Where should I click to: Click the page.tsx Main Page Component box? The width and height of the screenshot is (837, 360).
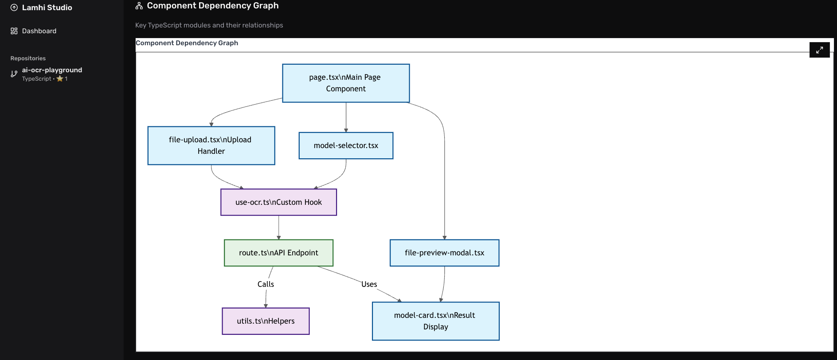[x=346, y=83]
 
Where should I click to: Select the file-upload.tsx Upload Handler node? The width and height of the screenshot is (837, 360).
[x=211, y=145]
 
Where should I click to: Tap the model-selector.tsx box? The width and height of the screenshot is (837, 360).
[x=346, y=145]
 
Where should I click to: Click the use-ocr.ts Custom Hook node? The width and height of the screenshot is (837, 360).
[x=278, y=202]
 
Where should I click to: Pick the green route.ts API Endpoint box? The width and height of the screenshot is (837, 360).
[x=278, y=253]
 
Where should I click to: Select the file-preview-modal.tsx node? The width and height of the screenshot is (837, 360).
[x=444, y=253]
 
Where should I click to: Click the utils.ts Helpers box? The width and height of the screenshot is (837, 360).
[x=266, y=321]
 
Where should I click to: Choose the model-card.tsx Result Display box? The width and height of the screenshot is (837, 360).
[x=435, y=321]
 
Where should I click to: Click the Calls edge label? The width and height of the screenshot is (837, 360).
[x=266, y=284]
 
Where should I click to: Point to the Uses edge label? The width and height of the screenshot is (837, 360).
[x=369, y=284]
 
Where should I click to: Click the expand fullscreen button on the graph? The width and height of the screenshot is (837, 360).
[x=819, y=50]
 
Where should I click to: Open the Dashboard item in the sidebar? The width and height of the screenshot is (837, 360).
[x=39, y=31]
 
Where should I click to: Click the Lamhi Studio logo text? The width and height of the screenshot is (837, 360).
[x=47, y=8]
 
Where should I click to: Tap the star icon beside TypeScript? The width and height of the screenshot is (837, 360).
[x=60, y=79]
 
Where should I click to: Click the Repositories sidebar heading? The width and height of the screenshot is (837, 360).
[x=28, y=58]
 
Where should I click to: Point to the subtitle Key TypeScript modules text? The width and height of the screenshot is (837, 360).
[x=209, y=25]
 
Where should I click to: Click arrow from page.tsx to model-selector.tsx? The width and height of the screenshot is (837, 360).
[x=346, y=117]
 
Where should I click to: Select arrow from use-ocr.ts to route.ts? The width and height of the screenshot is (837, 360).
[x=278, y=227]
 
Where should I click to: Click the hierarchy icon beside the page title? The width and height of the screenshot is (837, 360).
[x=139, y=6]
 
